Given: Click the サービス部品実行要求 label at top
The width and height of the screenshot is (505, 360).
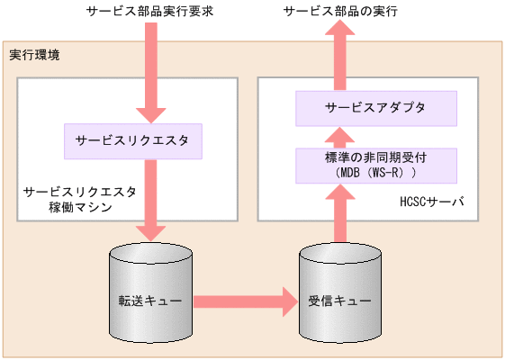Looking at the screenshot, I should [x=148, y=12].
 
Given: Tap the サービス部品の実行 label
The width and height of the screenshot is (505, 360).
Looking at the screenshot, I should [x=340, y=12].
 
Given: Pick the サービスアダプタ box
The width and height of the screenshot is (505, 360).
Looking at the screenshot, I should [x=375, y=108].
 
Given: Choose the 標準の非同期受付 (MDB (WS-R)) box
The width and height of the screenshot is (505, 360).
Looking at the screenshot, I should [x=375, y=164].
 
